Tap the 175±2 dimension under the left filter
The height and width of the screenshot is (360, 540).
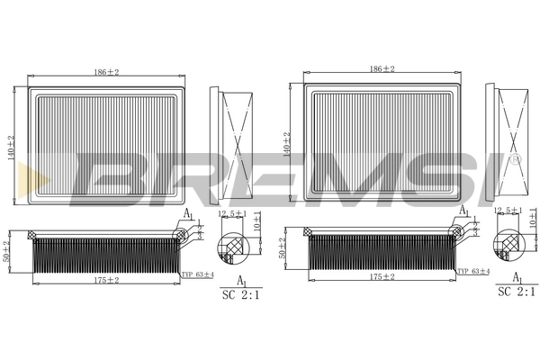107,280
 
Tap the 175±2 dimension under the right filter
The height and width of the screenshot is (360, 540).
382,277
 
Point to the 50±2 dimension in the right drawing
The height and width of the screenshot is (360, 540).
283,248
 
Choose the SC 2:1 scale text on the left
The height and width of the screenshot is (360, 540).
240,293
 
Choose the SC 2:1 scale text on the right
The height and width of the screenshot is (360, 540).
517,292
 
